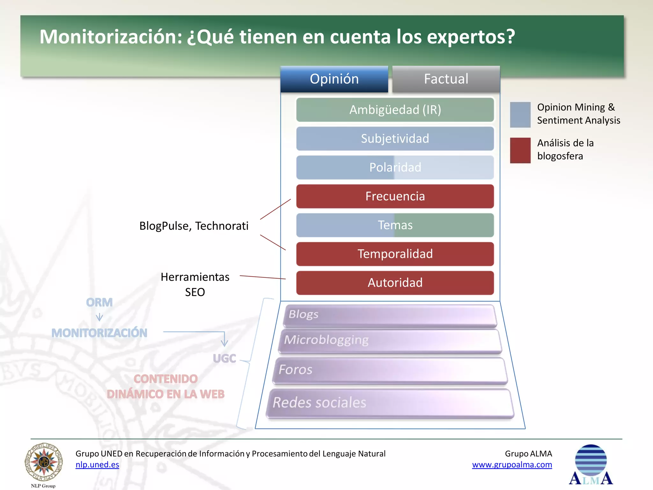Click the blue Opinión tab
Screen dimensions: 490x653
334,79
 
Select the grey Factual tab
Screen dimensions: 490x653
446,79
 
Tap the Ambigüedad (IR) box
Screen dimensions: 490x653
395,110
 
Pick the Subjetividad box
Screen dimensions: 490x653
395,139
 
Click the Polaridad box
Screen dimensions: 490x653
395,167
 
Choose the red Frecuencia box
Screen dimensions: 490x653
395,196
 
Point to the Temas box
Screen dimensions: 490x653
395,225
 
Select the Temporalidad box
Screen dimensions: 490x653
395,254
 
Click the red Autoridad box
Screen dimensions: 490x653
395,283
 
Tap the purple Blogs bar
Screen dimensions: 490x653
390,316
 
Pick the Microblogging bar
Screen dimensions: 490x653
390,341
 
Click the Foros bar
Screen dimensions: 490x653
390,370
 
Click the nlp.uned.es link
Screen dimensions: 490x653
97,464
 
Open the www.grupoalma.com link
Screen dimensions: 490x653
512,464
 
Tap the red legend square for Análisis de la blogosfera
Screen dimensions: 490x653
520,150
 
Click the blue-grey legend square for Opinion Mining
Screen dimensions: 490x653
520,115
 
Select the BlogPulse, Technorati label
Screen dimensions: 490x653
194,226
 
